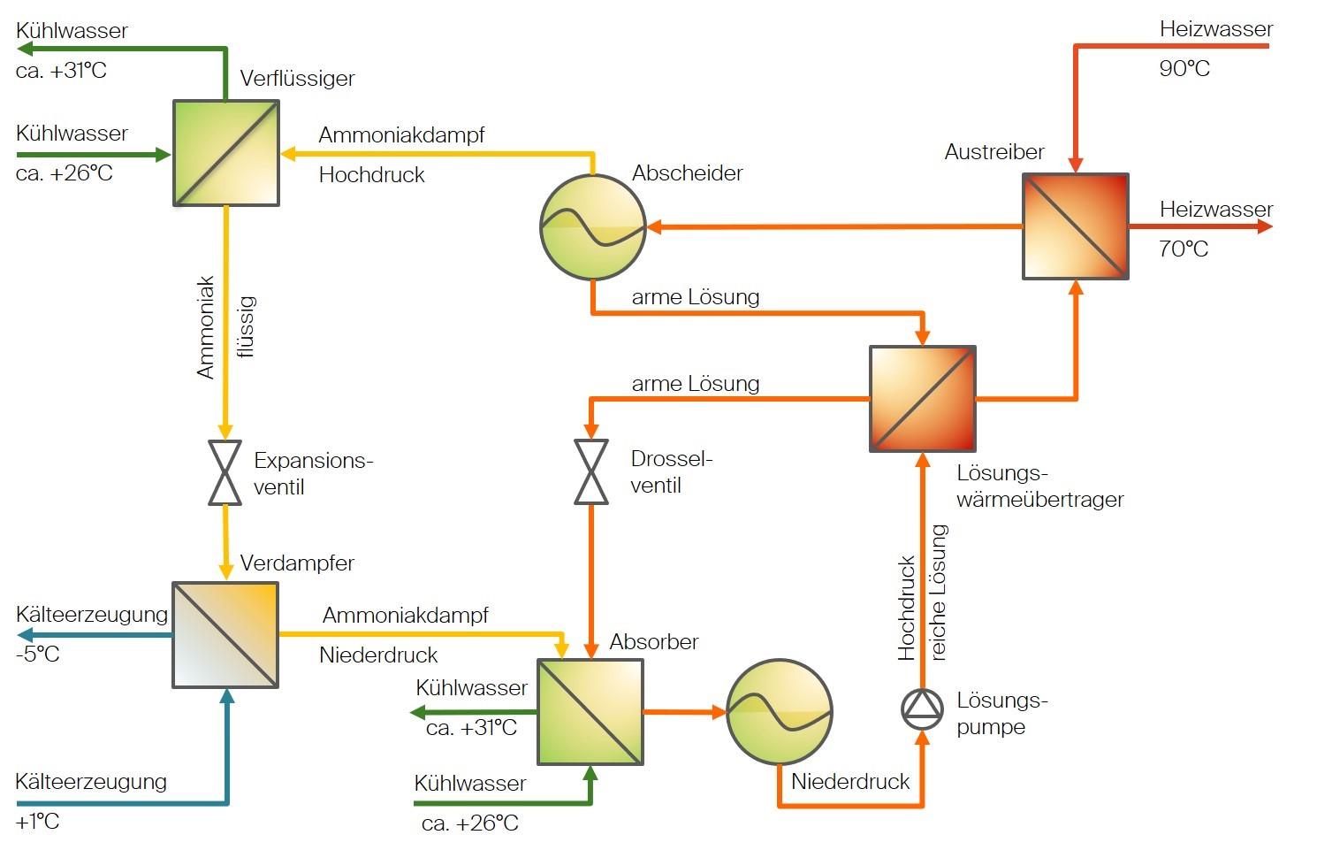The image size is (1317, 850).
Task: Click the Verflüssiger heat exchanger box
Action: pyautogui.click(x=226, y=153)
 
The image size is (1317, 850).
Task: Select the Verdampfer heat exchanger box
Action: pyautogui.click(x=225, y=635)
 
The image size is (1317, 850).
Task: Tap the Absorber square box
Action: pyautogui.click(x=590, y=712)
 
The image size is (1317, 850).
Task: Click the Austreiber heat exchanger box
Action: pyautogui.click(x=1076, y=226)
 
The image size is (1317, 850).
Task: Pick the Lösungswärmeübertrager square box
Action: pyautogui.click(x=923, y=399)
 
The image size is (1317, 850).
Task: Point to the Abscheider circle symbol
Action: pyautogui.click(x=593, y=227)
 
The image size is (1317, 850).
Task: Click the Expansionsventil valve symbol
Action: pyautogui.click(x=225, y=472)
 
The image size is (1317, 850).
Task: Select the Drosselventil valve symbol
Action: pyautogui.click(x=591, y=471)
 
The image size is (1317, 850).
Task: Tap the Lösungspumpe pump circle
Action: pyautogui.click(x=922, y=708)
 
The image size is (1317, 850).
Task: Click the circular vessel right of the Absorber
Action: pyautogui.click(x=780, y=712)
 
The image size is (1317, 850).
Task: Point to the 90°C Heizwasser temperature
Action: pyautogui.click(x=1184, y=69)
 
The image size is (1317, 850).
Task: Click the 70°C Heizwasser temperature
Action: pyautogui.click(x=1184, y=249)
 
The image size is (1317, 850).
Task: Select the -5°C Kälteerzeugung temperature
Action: pyautogui.click(x=38, y=655)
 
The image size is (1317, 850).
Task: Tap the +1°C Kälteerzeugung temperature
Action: pyautogui.click(x=37, y=822)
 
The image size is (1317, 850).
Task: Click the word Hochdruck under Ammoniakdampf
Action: pyautogui.click(x=371, y=175)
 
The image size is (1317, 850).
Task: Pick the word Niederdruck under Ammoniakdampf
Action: pyautogui.click(x=378, y=655)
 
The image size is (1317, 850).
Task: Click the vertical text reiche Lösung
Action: pyautogui.click(x=939, y=593)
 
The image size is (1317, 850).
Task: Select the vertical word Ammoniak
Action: pyautogui.click(x=206, y=327)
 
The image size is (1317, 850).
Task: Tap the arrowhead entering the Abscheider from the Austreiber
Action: pyautogui.click(x=655, y=227)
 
